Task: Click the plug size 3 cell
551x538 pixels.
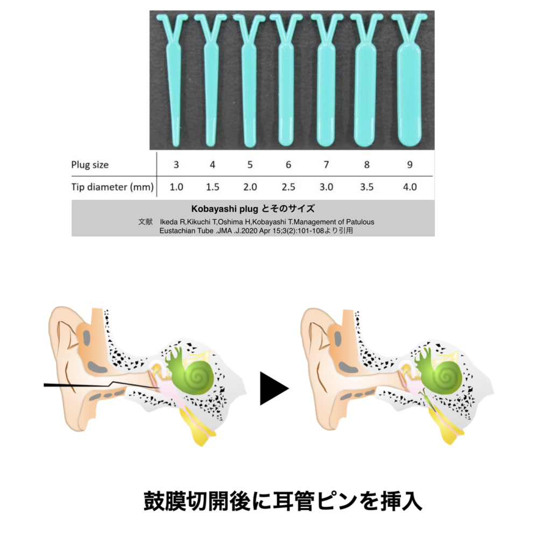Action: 176,165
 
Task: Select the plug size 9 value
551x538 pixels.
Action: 411,165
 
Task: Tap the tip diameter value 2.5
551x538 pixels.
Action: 288,187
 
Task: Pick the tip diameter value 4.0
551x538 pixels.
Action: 411,187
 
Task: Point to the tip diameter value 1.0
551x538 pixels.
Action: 176,187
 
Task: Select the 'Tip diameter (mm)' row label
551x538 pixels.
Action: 112,187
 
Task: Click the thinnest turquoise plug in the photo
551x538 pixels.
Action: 175,81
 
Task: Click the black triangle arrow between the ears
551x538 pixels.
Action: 274,387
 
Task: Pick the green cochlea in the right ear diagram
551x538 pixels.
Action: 444,375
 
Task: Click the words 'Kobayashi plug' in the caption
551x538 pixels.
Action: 218,208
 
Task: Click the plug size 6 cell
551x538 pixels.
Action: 288,165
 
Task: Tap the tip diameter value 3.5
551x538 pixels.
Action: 366,187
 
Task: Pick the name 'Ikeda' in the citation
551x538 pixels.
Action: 171,222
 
